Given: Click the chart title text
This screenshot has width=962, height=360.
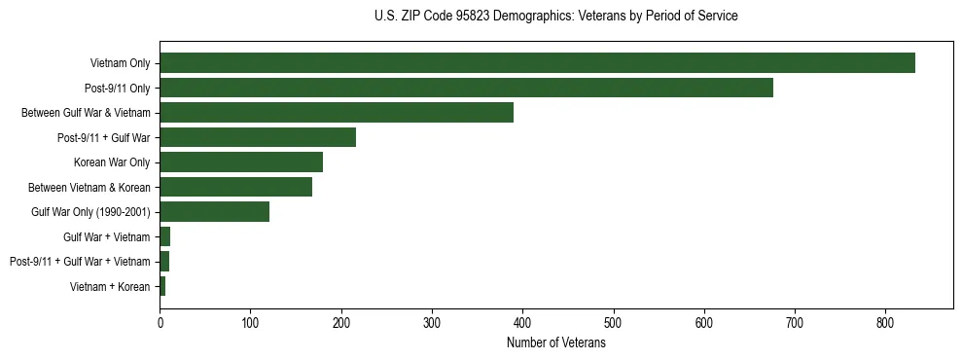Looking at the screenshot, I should point(556,17).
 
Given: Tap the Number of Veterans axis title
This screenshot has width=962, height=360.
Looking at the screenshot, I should point(556,343).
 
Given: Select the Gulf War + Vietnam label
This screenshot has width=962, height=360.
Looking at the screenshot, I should point(107,236).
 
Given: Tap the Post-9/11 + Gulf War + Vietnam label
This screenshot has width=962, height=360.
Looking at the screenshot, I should point(80,262).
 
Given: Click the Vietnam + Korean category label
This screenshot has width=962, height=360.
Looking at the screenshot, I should point(110,287).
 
